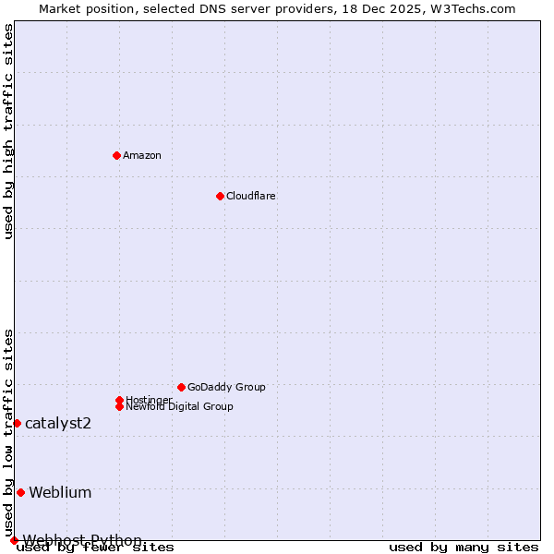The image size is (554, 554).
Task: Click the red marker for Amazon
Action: [116, 155]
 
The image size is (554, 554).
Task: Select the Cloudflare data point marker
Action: [220, 196]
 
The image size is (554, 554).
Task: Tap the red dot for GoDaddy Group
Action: [181, 387]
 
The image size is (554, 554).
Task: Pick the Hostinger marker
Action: [119, 400]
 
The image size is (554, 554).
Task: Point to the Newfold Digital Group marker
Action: [119, 406]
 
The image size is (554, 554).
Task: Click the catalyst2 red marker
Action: [17, 423]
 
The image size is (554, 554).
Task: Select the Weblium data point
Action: [20, 492]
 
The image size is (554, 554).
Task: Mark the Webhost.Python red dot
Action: [14, 540]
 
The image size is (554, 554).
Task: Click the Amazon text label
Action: [142, 155]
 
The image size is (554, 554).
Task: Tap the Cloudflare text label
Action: [251, 196]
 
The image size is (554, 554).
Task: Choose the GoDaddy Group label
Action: [226, 387]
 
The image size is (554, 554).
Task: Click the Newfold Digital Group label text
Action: [180, 406]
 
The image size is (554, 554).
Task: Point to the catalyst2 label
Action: [58, 423]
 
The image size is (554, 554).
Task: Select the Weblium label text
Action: [60, 492]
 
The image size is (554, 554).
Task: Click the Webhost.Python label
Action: [82, 540]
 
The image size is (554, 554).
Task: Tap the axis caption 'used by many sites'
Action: [464, 548]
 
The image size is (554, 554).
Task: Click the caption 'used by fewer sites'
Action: [96, 548]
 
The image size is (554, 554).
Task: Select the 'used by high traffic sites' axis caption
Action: [9, 131]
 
